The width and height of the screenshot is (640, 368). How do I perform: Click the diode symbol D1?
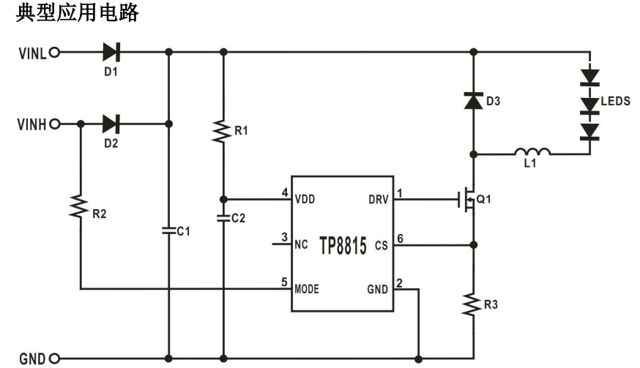(x=111, y=52)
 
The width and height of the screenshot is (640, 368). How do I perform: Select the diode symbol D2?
(x=111, y=123)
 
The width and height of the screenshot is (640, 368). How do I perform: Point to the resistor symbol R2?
(x=79, y=208)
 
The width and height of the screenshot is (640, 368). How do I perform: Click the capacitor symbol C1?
(x=169, y=230)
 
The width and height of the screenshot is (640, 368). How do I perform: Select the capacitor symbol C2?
(x=223, y=217)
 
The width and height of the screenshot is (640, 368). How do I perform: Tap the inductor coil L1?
(x=532, y=153)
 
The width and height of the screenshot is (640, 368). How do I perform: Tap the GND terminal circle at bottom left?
(x=53, y=358)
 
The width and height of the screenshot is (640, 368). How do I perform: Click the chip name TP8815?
(x=342, y=245)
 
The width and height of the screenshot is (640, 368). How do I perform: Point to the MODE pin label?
(x=308, y=288)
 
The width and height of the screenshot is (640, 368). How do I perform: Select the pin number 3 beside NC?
(x=284, y=237)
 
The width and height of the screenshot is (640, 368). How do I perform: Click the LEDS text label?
(x=615, y=101)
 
